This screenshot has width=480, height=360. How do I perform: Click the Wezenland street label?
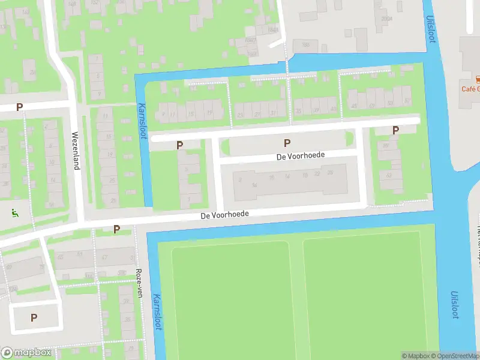tap(76, 151)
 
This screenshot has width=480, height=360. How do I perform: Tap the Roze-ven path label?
tap(140, 283)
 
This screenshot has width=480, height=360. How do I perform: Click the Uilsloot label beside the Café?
tap(430, 28)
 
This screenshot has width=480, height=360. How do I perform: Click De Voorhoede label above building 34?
tap(301, 155)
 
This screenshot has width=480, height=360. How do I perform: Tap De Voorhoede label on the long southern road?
tap(224, 214)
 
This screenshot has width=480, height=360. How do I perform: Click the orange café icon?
tap(478, 79)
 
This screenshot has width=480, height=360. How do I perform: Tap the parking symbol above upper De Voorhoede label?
tap(287, 143)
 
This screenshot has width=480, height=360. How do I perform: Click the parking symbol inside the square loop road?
tap(34, 317)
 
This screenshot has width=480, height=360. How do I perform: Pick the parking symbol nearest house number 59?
tap(395, 130)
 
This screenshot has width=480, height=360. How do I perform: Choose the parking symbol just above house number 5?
tap(179, 145)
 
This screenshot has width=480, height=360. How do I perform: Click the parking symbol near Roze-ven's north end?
tap(117, 229)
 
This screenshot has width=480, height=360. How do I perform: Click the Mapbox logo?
tap(26, 353)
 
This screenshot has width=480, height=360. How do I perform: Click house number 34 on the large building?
tap(255, 185)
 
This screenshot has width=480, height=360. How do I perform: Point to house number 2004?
tap(386, 18)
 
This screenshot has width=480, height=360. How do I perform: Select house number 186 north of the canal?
tap(305, 44)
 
